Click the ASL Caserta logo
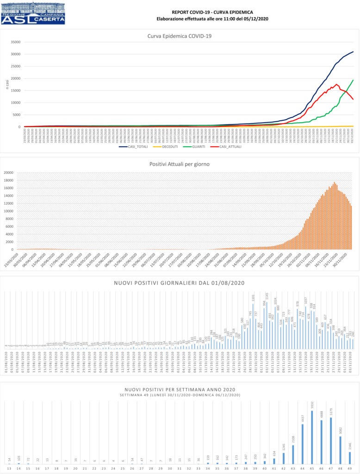coord(33,13)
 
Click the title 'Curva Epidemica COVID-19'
coord(180,36)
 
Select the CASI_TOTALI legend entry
coord(134,146)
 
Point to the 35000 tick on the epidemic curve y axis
coord(16,42)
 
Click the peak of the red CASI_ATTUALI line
coord(336,84)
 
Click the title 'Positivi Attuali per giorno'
coord(180,164)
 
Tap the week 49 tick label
coord(350,469)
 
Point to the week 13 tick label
coord(9,469)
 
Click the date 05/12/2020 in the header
coord(257,19)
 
